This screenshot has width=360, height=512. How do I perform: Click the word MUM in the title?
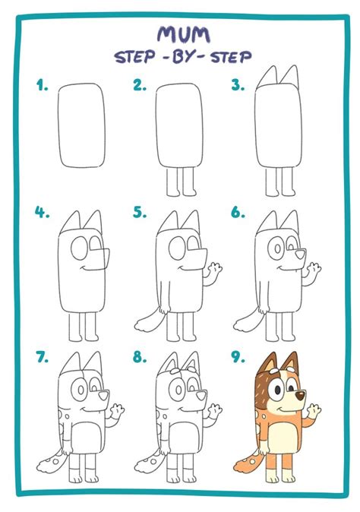point(184,35)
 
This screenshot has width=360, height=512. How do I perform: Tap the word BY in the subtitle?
point(184,58)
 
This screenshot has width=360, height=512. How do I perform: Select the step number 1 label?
point(42,85)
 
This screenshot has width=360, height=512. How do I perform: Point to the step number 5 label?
point(140,213)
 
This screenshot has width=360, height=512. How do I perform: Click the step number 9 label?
point(238,357)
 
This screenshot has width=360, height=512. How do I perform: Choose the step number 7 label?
point(43,357)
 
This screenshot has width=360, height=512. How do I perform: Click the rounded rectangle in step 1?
point(81,125)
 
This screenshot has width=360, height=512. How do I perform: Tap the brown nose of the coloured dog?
point(300,396)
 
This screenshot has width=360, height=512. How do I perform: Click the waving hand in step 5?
point(215,269)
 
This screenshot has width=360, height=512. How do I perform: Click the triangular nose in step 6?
point(300,254)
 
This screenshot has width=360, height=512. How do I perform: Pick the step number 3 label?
point(238,85)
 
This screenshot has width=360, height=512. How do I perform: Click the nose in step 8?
point(201,396)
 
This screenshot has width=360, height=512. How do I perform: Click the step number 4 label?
point(42,213)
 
